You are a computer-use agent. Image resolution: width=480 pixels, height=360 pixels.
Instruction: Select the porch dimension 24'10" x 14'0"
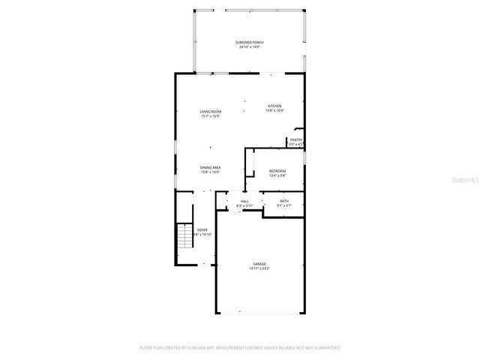click(249, 48)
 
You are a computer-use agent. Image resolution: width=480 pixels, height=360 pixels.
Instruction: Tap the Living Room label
click(210, 112)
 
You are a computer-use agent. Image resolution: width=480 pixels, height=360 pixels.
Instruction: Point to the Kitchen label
click(275, 106)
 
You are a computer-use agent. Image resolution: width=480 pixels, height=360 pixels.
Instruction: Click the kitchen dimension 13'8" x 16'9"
click(275, 111)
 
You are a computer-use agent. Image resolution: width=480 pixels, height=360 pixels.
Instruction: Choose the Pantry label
click(296, 139)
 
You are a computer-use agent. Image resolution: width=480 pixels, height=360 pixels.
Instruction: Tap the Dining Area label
click(210, 167)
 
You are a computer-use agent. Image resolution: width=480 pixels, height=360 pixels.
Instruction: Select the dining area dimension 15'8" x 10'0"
click(210, 172)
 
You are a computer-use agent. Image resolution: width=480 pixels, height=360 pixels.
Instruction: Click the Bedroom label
click(277, 171)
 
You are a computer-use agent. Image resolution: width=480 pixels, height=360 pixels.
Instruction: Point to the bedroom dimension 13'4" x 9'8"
click(277, 175)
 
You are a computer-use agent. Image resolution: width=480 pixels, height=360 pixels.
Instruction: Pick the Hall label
click(244, 201)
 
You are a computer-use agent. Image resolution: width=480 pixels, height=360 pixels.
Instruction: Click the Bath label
click(284, 200)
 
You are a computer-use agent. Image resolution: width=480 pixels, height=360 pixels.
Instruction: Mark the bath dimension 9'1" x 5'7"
click(284, 205)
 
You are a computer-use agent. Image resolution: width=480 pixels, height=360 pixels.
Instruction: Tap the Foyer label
click(202, 229)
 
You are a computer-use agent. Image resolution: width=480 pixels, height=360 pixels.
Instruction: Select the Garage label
click(259, 263)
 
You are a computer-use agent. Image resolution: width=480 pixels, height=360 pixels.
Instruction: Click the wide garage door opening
click(259, 313)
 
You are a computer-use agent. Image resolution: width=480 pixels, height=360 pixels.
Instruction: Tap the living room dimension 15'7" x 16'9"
click(210, 116)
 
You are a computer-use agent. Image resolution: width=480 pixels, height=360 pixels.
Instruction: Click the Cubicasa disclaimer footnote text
click(240, 348)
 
